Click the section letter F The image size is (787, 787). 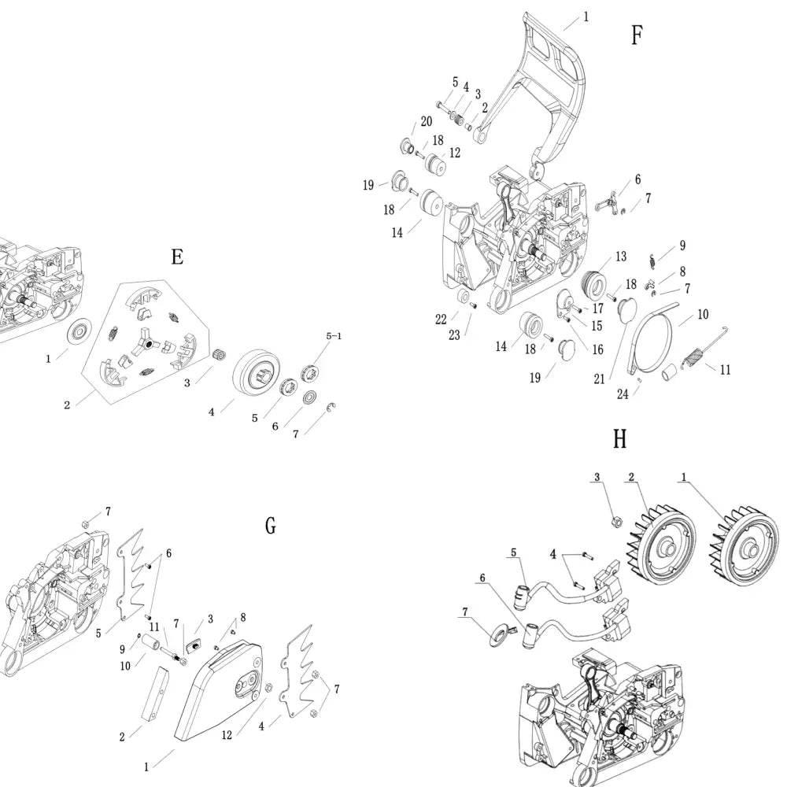coord(637,35)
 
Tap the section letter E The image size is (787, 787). coord(177,257)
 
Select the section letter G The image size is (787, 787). coord(271,526)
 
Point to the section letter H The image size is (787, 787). coord(619,439)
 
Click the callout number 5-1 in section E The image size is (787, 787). coord(334,336)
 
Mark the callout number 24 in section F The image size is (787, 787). coord(623,394)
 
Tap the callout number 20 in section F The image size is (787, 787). coord(426,121)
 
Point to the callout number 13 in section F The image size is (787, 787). coord(621,256)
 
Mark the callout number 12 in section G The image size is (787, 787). coord(227,735)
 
